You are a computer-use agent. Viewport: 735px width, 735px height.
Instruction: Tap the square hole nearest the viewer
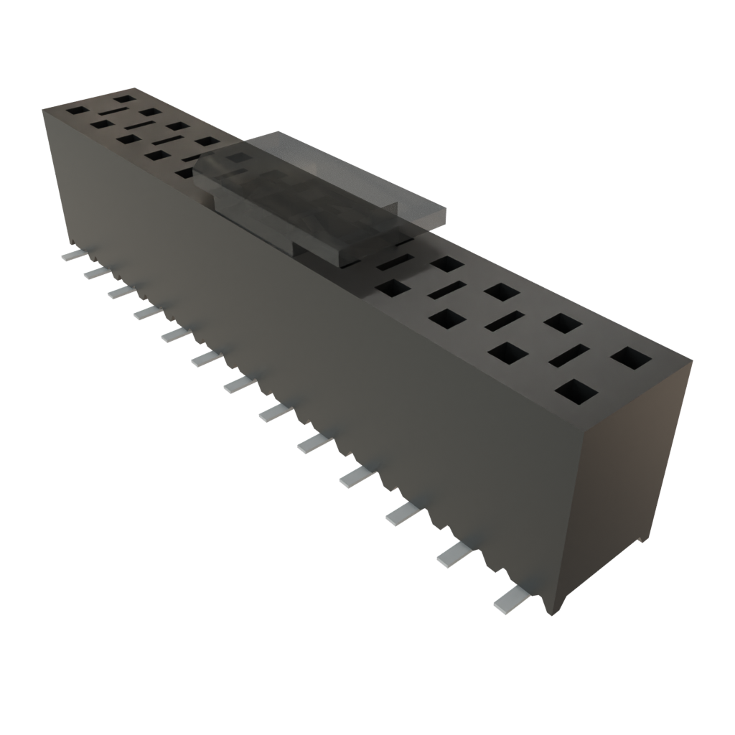click(x=576, y=392)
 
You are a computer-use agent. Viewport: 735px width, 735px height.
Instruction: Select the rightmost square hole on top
click(x=631, y=357)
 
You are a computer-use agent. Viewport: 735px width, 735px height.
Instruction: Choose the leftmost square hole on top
click(x=75, y=111)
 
